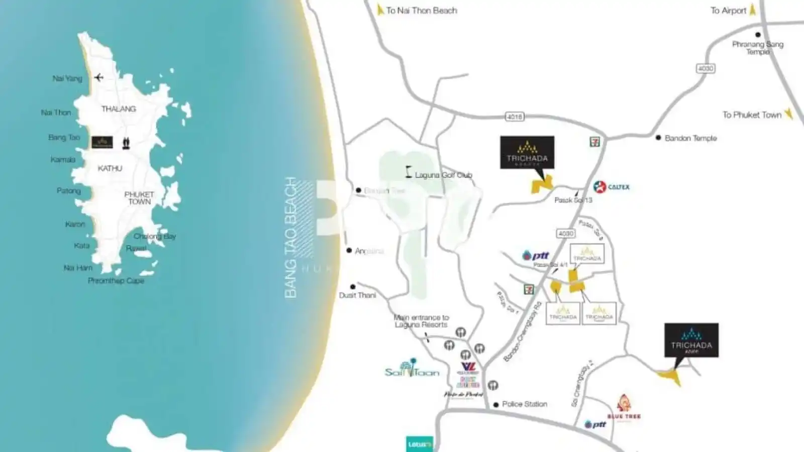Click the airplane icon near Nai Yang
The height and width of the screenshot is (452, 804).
pos(98,77)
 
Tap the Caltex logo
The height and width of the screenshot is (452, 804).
pos(611,187)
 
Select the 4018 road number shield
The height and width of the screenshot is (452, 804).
pos(514,117)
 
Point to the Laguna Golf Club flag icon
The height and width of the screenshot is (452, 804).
pos(409,172)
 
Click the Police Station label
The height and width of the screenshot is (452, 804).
pos(524,404)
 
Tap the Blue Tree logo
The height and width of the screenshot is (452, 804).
pos(624,407)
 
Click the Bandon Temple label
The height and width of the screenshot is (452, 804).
pos(690,138)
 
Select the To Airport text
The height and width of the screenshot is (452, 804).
pos(728,11)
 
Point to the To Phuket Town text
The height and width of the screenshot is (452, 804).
pos(752,115)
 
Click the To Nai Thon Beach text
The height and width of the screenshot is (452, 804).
pos(421,11)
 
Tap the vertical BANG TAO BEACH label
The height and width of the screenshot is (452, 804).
pos(291,237)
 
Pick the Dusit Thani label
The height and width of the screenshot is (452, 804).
pos(357,295)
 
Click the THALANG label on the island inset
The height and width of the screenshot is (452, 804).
pos(119,109)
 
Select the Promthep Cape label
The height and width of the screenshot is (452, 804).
pos(116,281)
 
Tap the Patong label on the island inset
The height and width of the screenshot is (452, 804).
pos(68,191)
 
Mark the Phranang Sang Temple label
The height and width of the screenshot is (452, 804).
pos(757,48)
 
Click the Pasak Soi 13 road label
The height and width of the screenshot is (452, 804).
pos(573,200)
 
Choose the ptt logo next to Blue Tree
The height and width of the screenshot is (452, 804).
pos(595,424)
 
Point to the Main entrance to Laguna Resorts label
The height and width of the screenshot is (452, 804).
pos(421,321)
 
